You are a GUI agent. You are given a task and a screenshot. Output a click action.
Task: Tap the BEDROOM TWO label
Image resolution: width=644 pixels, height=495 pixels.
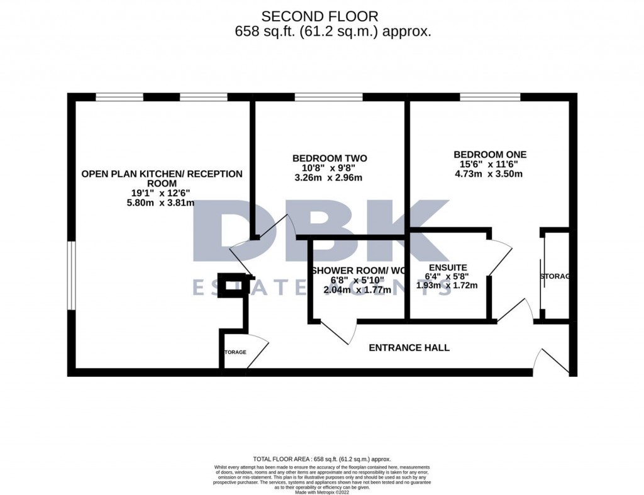click(330, 158)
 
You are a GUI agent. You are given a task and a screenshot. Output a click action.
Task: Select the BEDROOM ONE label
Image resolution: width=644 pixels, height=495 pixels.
click(490, 154)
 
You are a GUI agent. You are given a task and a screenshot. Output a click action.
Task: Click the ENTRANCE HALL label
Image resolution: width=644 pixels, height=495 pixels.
click(409, 347)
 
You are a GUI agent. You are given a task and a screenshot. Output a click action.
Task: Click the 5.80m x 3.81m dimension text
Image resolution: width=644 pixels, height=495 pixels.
click(161, 203)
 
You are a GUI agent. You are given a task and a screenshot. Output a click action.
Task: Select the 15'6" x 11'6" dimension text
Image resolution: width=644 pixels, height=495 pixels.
click(490, 164)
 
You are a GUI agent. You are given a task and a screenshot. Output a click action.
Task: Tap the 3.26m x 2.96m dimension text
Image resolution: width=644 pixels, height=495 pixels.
click(330, 178)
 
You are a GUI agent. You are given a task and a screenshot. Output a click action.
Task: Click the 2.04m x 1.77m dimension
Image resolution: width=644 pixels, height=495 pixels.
click(357, 290)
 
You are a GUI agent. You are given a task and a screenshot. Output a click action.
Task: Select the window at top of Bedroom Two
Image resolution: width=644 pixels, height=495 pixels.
click(328, 97)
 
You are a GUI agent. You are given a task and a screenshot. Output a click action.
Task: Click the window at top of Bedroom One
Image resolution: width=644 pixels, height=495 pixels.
click(490, 97)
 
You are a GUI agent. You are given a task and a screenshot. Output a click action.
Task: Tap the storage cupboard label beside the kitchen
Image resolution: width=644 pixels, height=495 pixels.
click(233, 352)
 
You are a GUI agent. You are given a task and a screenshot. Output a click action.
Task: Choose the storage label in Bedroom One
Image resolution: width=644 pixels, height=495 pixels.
click(555, 277)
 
